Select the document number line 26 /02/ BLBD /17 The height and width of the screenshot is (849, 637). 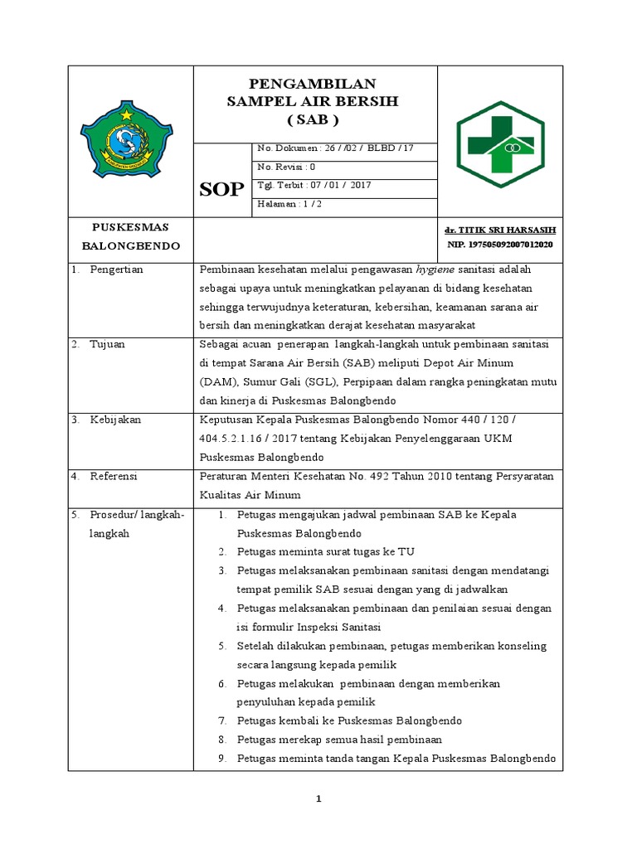tap(335, 148)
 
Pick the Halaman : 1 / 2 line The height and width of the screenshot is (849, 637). tap(291, 204)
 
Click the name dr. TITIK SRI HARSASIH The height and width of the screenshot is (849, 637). tap(500, 230)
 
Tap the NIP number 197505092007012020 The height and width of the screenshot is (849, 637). tap(500, 245)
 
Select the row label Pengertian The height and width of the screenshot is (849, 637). tap(117, 269)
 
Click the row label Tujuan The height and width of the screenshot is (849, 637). tap(108, 344)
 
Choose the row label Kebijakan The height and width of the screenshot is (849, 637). tap(115, 420)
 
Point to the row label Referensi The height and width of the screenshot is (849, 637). tap(114, 476)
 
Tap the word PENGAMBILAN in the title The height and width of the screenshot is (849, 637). tap(314, 84)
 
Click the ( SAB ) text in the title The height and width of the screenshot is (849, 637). tap(314, 119)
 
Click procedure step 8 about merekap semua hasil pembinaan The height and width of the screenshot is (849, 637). tap(338, 739)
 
